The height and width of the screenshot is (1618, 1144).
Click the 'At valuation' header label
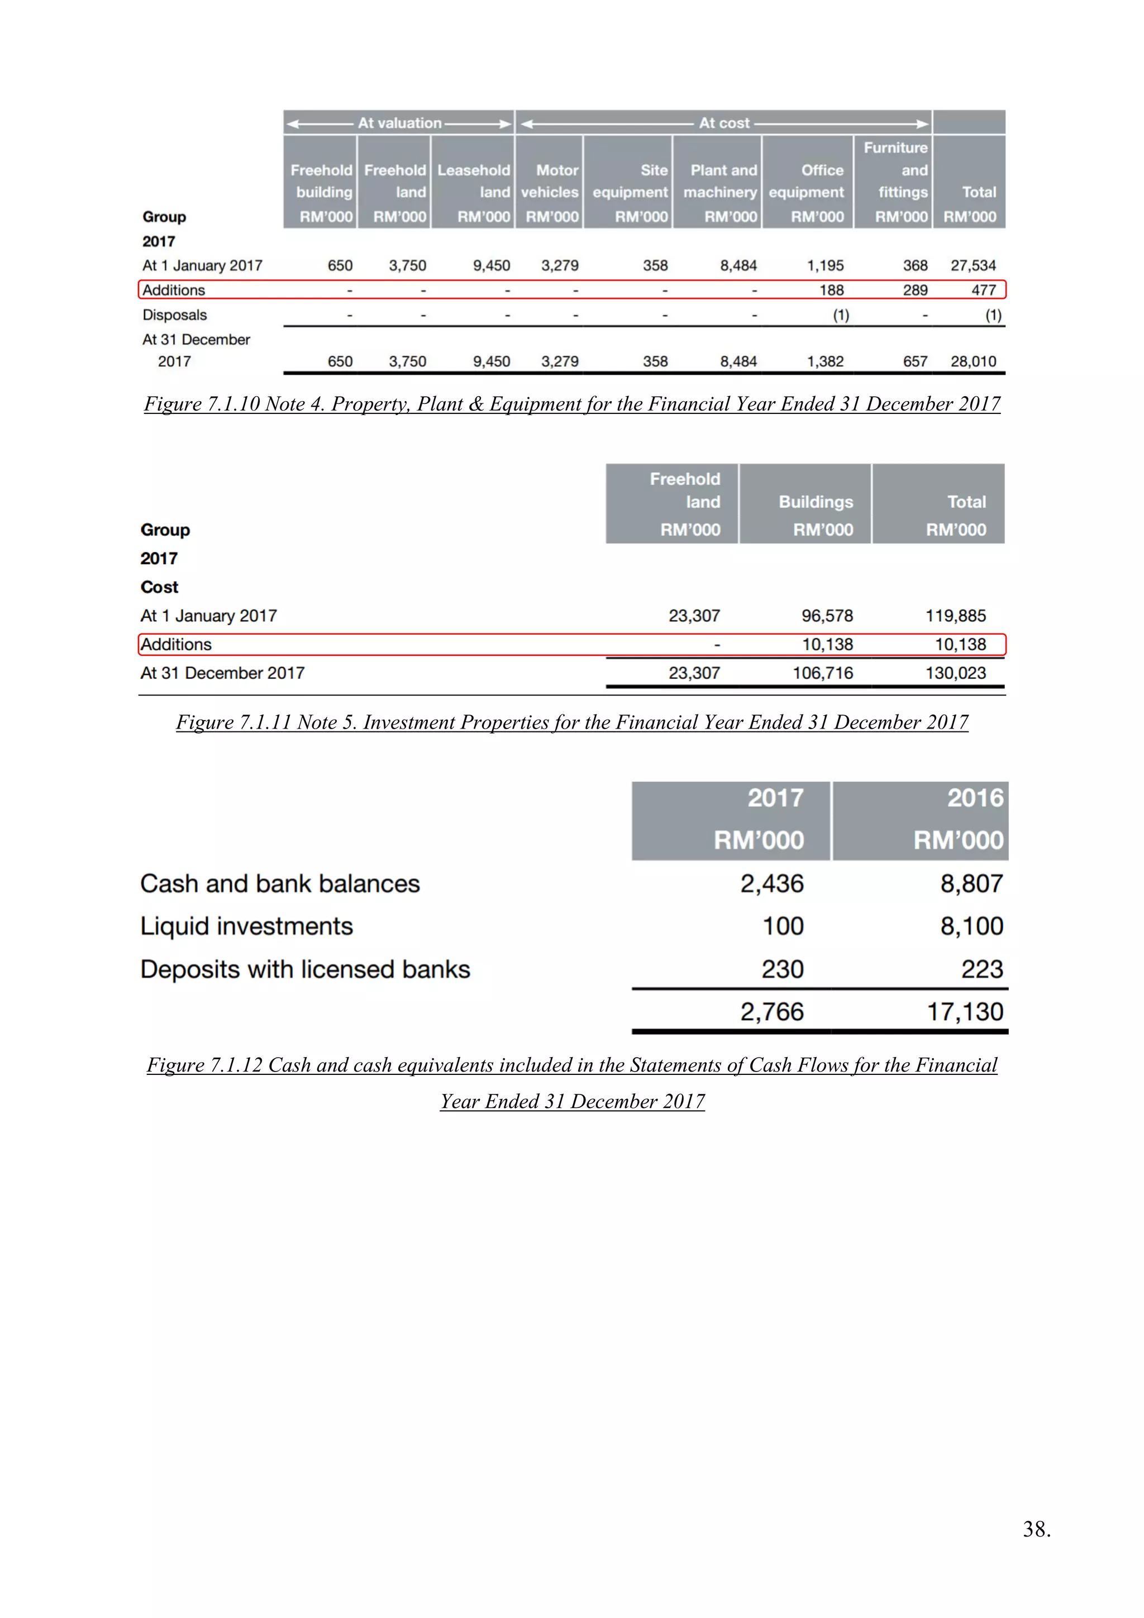(x=399, y=122)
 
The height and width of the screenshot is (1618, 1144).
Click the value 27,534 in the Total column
(x=973, y=266)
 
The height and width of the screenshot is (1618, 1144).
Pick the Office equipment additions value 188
(x=831, y=291)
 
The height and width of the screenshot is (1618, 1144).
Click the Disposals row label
(x=175, y=315)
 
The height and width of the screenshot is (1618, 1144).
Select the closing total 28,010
(x=973, y=361)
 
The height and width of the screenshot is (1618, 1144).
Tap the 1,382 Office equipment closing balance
(x=825, y=361)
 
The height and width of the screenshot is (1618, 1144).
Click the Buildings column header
(x=815, y=502)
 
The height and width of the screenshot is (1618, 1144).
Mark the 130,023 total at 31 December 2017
(x=955, y=673)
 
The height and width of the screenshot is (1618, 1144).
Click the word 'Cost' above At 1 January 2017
(x=159, y=587)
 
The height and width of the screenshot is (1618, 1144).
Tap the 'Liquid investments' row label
(x=246, y=926)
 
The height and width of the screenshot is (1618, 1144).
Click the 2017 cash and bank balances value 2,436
(x=771, y=884)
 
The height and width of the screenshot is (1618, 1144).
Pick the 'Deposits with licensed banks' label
(x=305, y=970)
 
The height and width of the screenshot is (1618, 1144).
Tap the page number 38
(x=1036, y=1529)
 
